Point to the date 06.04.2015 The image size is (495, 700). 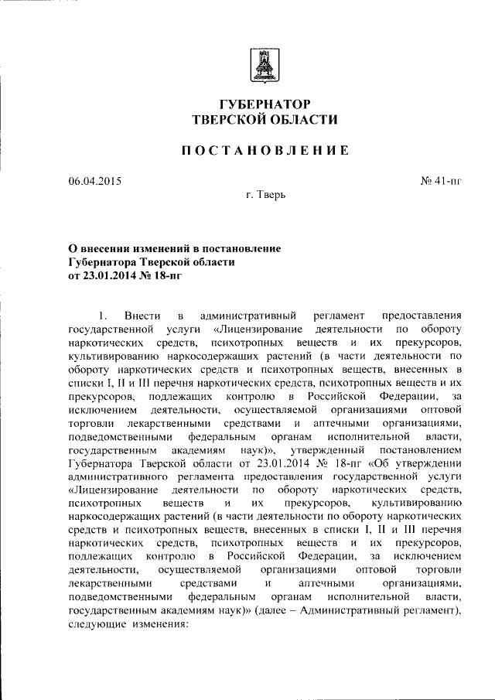coord(94,182)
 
